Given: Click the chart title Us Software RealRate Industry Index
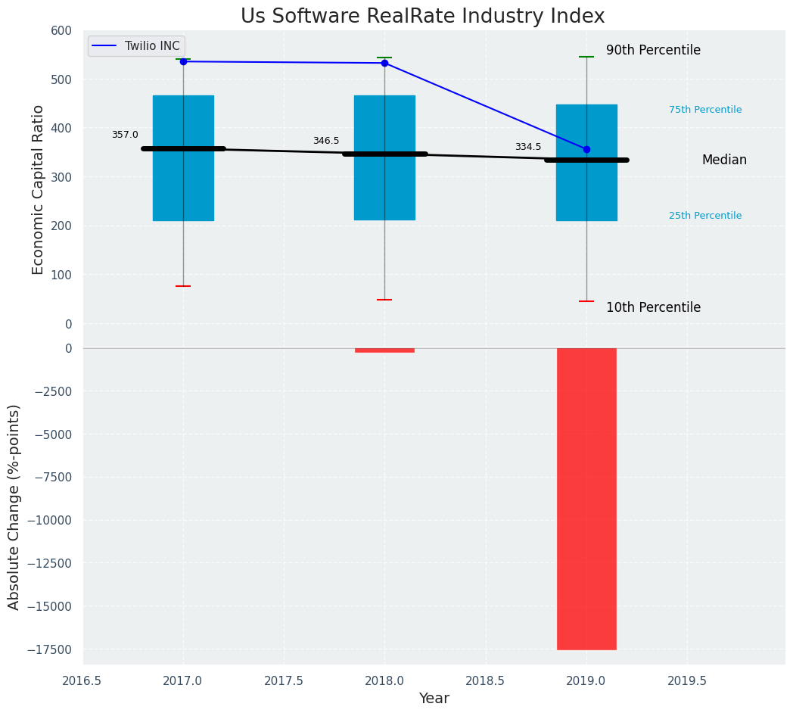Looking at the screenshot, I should pyautogui.click(x=422, y=17).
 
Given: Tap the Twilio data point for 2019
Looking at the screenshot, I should pyautogui.click(x=586, y=149).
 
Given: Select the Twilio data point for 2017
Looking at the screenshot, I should pyautogui.click(x=183, y=61).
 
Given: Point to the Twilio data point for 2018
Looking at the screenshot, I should pyautogui.click(x=384, y=63).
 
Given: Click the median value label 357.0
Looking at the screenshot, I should pyautogui.click(x=125, y=135).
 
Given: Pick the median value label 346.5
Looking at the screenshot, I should pyautogui.click(x=326, y=141).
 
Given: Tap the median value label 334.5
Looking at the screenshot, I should pyautogui.click(x=528, y=147).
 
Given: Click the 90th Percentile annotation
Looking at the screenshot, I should pyautogui.click(x=653, y=51).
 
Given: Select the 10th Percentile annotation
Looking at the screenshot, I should pyautogui.click(x=653, y=307).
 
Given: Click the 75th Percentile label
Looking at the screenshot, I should pyautogui.click(x=705, y=110).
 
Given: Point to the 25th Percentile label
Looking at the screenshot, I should pyautogui.click(x=705, y=216).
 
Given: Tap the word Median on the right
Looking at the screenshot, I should pyautogui.click(x=724, y=160).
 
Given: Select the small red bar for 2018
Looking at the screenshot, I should pyautogui.click(x=384, y=350).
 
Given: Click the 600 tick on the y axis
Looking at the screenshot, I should pyautogui.click(x=61, y=30).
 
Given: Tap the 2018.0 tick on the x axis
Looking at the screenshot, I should pyautogui.click(x=384, y=680).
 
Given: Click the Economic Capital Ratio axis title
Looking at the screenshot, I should pyautogui.click(x=39, y=189).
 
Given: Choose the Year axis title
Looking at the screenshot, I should pyautogui.click(x=434, y=699).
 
